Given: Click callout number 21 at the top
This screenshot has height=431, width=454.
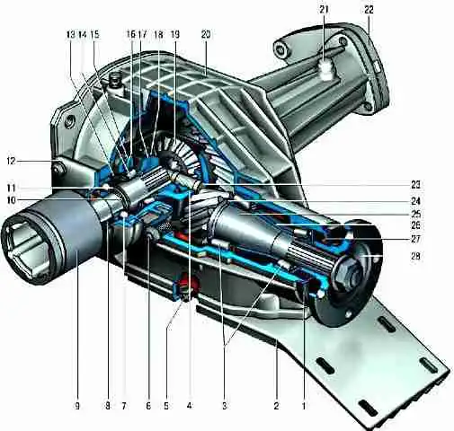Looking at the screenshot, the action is pos(324,10).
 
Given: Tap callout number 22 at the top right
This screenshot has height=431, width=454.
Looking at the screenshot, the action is pos(369,10).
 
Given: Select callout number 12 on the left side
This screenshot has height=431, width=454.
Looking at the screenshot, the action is pos(11,161).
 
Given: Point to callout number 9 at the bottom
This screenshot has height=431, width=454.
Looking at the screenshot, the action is pos(77,406).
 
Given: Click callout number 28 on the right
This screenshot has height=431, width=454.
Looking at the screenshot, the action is pos(415,256).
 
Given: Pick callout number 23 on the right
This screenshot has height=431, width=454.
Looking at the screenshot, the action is pos(415,185).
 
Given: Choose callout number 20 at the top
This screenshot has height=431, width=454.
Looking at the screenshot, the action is pos(206,35).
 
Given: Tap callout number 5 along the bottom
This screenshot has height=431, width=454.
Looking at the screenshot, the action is pos(166,406).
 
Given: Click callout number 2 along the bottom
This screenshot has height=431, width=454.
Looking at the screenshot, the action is pos(276,406).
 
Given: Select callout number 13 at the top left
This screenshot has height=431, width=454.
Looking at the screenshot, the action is pos(70,35).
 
